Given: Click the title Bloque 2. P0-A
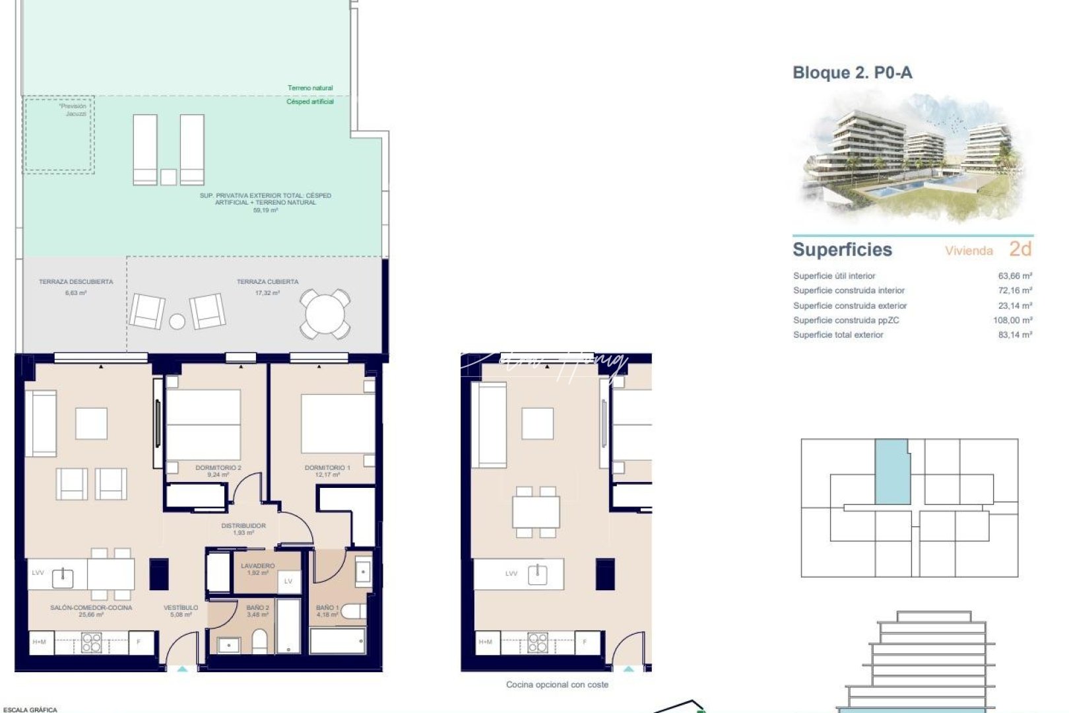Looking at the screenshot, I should click(852, 73).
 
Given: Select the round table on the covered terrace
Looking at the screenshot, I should click(325, 314).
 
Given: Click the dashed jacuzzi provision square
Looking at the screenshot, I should click(59, 135).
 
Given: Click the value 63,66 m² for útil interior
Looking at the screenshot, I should click(1015, 276).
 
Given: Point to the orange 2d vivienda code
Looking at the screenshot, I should click(1020, 249).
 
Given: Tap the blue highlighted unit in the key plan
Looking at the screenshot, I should click(892, 471).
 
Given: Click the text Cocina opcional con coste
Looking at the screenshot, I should click(557, 685).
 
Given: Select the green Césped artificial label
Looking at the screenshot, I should click(309, 102).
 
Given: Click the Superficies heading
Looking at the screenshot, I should click(842, 250).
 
